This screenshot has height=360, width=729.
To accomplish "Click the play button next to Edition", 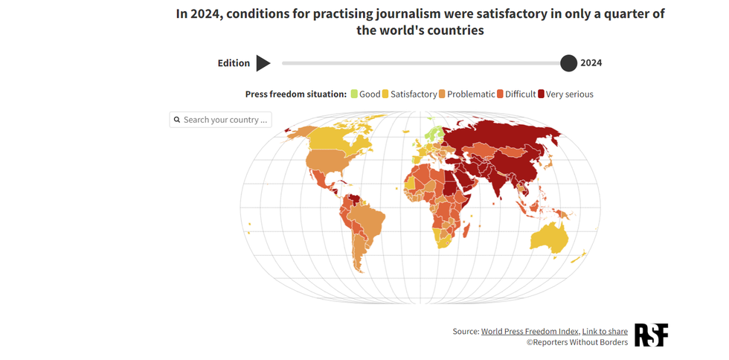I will tap(263, 63).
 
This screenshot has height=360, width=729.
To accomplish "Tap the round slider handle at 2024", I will tap(568, 63).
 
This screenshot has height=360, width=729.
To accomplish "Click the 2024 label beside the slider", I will tap(591, 63).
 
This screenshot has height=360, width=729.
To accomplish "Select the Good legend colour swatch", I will tap(354, 94).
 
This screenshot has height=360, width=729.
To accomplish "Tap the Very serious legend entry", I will tap(569, 94).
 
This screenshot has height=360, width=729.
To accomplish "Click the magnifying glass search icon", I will tap(177, 120).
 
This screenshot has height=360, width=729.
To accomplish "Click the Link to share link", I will tap(605, 332).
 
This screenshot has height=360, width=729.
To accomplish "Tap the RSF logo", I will tap(651, 335).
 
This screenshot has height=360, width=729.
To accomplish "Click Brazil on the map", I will tap(367, 219).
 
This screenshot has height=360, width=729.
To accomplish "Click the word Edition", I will tap(234, 63).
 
